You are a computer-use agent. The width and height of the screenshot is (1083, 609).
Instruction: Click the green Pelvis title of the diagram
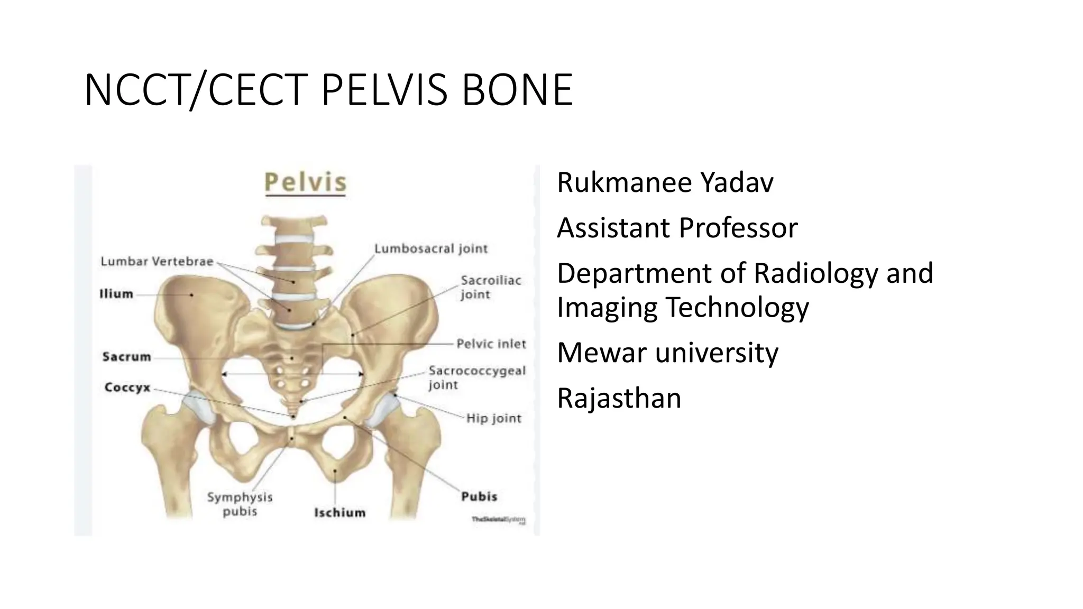305,182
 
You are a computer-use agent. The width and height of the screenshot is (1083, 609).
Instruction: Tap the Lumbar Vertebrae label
157,261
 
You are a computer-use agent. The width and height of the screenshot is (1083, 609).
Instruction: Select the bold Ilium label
116,294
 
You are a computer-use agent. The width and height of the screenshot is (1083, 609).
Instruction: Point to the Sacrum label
127,357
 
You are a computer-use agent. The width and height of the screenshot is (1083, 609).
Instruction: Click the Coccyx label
127,387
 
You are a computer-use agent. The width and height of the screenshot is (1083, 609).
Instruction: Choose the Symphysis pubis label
240,504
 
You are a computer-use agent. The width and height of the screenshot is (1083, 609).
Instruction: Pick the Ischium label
339,512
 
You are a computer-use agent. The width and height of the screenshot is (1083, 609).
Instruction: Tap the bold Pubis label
479,496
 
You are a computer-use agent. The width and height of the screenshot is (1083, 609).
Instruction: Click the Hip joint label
494,419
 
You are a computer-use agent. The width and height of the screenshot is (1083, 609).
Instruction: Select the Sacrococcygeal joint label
477,377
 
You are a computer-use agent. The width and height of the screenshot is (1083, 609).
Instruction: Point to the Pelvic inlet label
491,344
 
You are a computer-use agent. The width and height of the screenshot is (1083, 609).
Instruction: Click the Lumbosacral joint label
431,248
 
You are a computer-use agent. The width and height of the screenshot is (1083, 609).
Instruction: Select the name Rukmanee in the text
624,183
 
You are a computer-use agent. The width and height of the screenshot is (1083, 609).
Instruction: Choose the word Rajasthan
619,398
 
